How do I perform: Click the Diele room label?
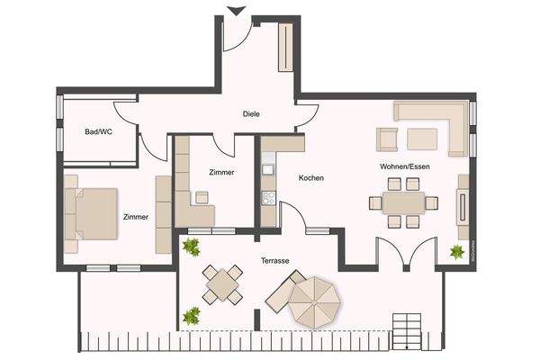click(x=251, y=114)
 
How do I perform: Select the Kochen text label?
click(x=310, y=178)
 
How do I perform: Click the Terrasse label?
click(x=275, y=260)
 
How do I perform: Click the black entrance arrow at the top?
click(x=236, y=11)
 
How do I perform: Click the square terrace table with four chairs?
click(x=220, y=285)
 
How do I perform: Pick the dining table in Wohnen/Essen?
click(x=402, y=202)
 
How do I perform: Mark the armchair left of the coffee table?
click(x=387, y=139)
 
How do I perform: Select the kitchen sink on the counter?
click(x=267, y=167)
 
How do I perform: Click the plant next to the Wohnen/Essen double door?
click(x=456, y=252)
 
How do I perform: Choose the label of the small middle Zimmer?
click(x=220, y=172)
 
